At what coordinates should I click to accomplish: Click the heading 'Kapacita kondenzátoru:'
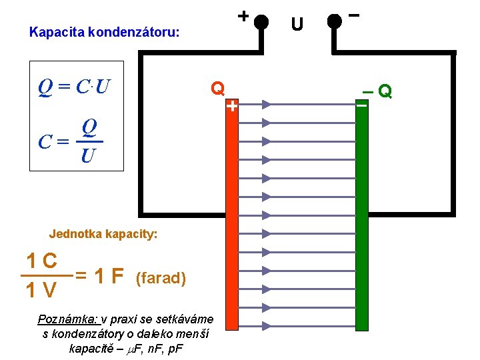coord(105,31)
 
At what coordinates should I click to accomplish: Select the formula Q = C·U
coord(74,87)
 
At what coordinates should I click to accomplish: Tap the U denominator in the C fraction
coord(87,157)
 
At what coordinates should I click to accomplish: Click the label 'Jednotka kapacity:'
coord(103,234)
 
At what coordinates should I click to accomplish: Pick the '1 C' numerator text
coord(41,261)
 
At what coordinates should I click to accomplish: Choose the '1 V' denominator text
coord(41,291)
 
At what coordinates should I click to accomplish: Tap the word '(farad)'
coord(160,277)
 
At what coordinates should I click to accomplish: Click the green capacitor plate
coord(362,213)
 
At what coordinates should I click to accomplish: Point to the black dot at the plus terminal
coord(261,21)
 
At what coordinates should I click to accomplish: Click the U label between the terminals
coord(297,25)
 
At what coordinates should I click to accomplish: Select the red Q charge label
coord(218,88)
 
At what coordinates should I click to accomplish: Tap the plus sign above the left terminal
coord(244,15)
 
